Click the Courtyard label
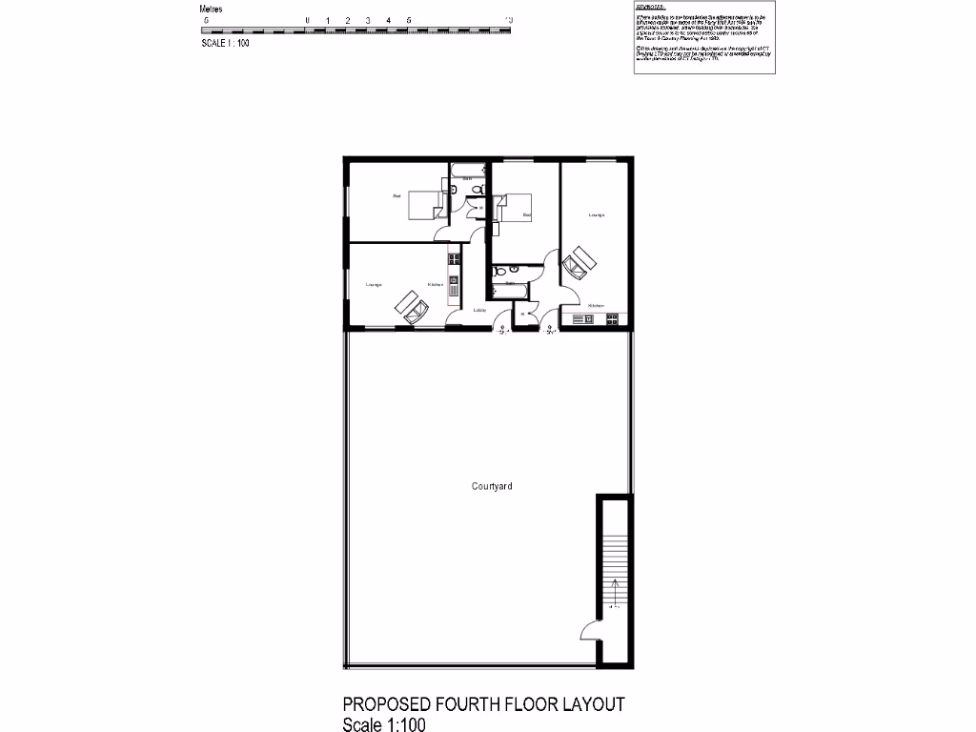[x=492, y=486]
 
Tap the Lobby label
[x=480, y=311]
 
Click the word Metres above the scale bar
[x=212, y=9]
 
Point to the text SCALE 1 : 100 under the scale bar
[x=225, y=43]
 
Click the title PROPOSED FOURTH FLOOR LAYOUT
[x=483, y=704]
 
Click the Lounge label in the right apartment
[x=597, y=214]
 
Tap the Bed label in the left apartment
[x=396, y=196]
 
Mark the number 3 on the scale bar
[x=368, y=20]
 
